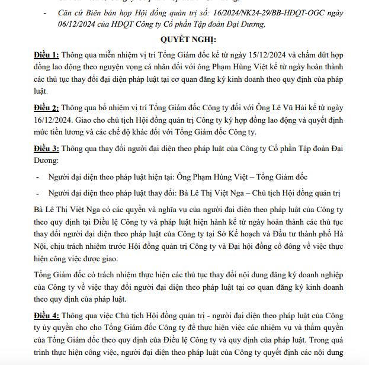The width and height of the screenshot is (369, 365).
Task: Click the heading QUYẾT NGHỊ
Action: click(x=184, y=39)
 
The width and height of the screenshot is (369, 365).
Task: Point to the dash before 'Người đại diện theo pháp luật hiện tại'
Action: click(x=37, y=177)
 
